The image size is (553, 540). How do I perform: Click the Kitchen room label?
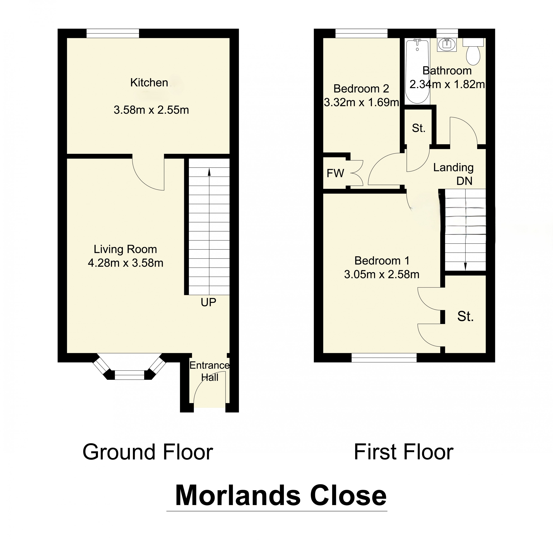pyautogui.click(x=149, y=83)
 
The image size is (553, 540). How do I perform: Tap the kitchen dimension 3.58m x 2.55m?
pyautogui.click(x=151, y=110)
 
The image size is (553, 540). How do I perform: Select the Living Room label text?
pyautogui.click(x=125, y=249)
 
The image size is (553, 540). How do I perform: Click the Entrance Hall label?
pyautogui.click(x=210, y=371)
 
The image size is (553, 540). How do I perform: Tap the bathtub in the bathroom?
pyautogui.click(x=417, y=72)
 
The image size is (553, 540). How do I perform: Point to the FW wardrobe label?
pyautogui.click(x=335, y=173)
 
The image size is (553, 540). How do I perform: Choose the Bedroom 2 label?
pyautogui.click(x=361, y=89)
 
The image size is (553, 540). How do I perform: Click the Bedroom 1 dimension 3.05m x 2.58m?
pyautogui.click(x=382, y=274)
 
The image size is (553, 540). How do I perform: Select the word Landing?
pyautogui.click(x=453, y=167)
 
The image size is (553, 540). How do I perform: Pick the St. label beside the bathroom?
pyautogui.click(x=419, y=128)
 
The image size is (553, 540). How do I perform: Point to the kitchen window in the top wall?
pyautogui.click(x=113, y=33)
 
